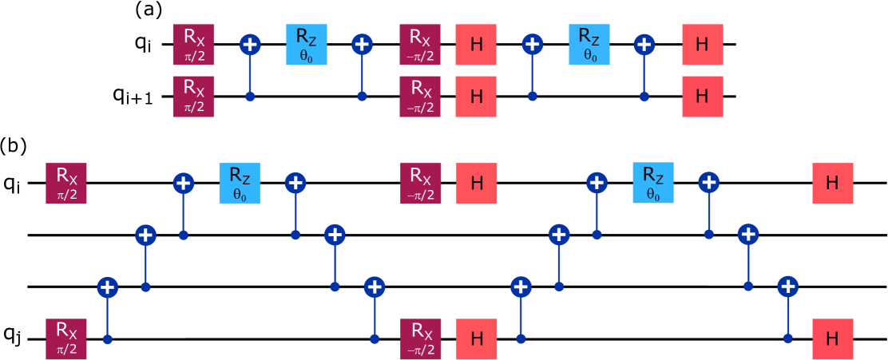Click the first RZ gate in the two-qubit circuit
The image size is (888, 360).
tap(307, 44)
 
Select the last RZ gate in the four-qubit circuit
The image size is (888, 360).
tap(653, 183)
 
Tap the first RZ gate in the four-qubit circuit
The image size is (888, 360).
tap(240, 183)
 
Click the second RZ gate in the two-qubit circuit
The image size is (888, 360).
tap(589, 44)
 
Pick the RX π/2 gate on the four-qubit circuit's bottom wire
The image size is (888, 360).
tap(66, 338)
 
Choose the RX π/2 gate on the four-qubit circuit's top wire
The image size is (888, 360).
tap(66, 183)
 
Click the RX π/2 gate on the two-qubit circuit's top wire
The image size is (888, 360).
tap(193, 44)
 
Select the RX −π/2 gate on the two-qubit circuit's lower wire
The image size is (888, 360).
tap(420, 96)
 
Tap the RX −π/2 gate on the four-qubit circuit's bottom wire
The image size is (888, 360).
tap(421, 338)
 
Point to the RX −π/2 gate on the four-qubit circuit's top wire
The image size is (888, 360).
tap(421, 183)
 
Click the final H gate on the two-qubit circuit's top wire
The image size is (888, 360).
tap(703, 44)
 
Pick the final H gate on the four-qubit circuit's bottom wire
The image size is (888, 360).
tap(833, 338)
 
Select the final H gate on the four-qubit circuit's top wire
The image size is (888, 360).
tap(833, 183)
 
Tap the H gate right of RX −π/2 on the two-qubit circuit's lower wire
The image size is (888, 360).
tap(476, 96)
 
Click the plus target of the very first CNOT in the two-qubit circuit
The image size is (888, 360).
tap(250, 44)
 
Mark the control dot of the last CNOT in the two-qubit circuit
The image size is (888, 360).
tap(644, 96)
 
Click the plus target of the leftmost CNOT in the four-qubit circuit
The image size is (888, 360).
tap(108, 287)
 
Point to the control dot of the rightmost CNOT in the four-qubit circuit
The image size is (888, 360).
tap(788, 338)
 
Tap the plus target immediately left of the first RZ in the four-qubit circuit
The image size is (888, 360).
tap(184, 183)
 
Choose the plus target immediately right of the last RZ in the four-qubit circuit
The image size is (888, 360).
tap(708, 183)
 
